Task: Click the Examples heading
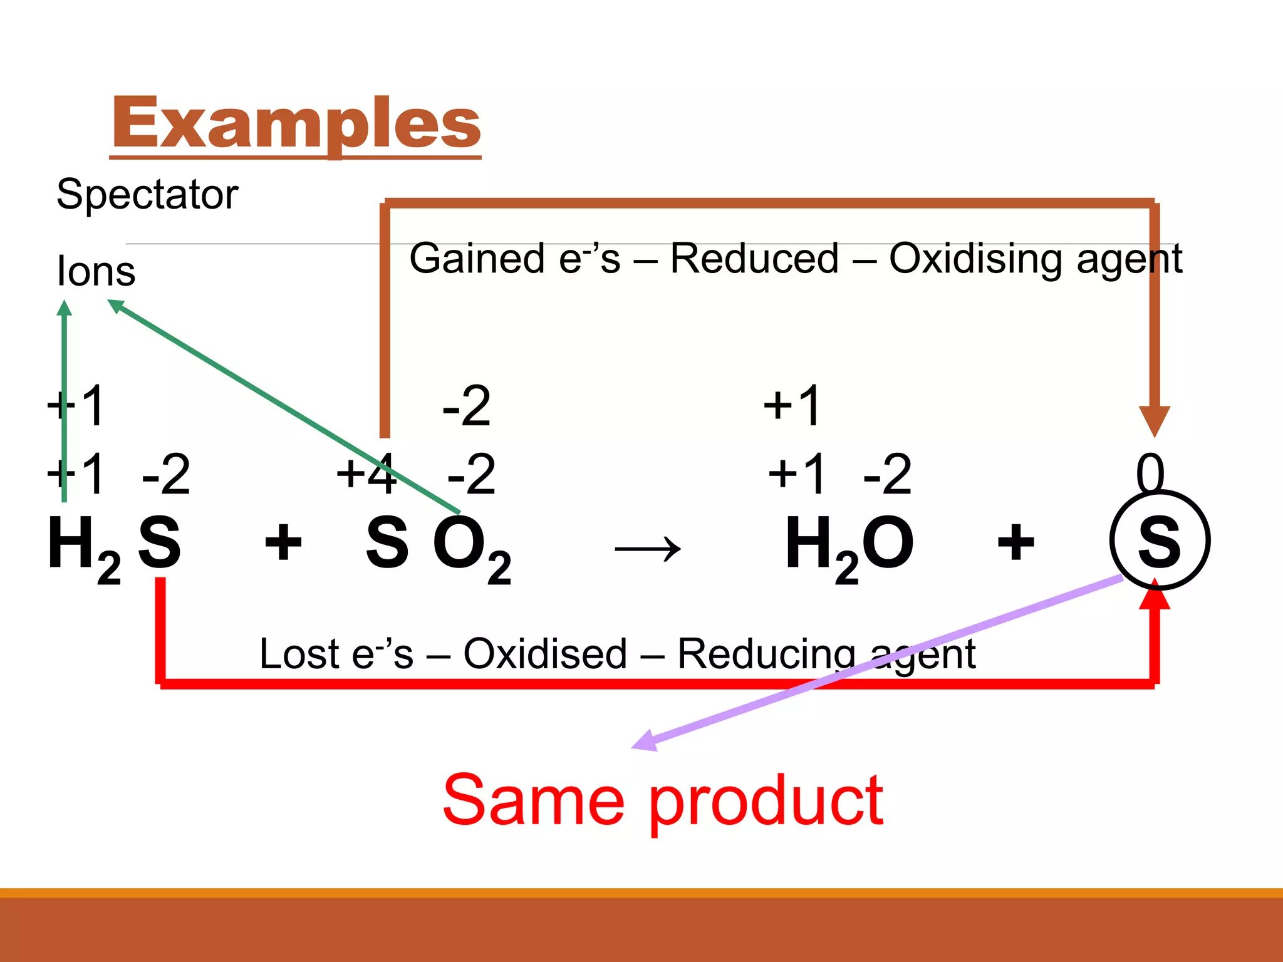296,123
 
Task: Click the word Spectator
147,194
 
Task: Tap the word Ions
96,271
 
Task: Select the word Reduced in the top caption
754,259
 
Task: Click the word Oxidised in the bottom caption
545,654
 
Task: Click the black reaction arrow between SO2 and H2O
648,549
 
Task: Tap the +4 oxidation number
366,474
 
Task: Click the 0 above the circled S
1150,473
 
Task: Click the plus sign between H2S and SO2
283,542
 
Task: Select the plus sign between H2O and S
1015,542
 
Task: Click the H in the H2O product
809,542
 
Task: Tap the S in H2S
160,542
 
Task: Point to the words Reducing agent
826,654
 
